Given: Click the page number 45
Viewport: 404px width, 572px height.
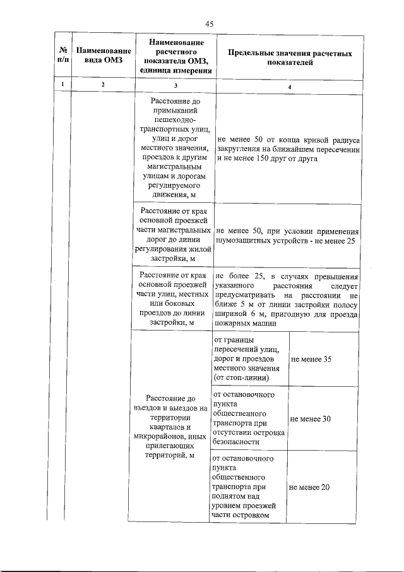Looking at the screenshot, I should pos(210,23).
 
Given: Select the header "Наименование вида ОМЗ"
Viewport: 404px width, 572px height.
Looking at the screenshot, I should pos(102,55).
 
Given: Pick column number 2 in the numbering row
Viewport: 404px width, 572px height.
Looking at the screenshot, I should pos(102,85).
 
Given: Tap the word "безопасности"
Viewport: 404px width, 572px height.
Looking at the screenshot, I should pos(237,442).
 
